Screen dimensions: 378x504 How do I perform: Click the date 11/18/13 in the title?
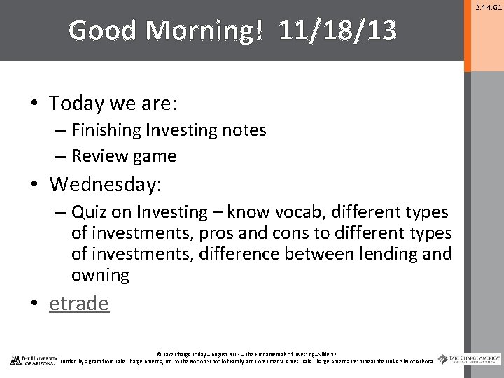[337, 30]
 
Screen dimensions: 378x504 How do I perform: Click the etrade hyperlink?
[79, 303]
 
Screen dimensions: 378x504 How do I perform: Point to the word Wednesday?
[105, 184]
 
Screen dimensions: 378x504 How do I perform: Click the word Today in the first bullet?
[76, 103]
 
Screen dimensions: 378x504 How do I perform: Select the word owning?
[100, 275]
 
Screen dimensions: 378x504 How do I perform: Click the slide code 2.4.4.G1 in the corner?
[487, 7]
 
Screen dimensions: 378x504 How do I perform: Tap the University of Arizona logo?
[33, 360]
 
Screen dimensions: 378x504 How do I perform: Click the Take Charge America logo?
[470, 360]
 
